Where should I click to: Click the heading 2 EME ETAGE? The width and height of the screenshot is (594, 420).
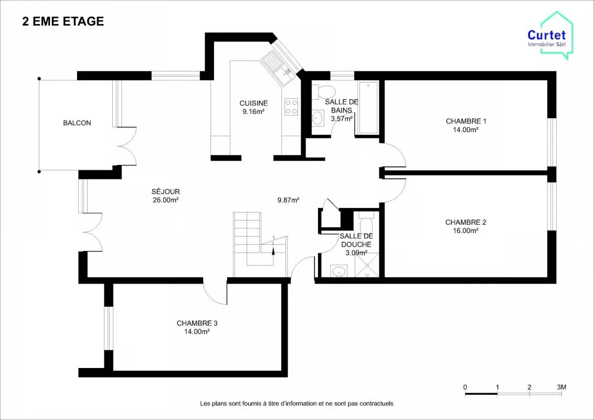(63, 21)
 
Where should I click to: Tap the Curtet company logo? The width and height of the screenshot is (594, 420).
(550, 36)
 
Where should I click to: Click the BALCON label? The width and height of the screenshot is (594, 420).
(77, 123)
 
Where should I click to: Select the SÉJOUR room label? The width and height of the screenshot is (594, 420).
(165, 192)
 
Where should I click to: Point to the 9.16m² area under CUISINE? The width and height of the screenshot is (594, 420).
(253, 111)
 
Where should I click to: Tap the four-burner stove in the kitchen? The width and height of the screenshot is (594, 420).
(291, 106)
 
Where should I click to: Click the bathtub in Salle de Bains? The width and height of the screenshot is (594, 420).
(368, 108)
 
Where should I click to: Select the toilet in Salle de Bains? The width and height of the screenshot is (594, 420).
(324, 91)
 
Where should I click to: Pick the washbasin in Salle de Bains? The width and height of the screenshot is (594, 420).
(317, 118)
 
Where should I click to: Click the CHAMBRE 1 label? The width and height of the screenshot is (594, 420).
(466, 121)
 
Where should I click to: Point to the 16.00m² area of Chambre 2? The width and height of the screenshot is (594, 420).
(465, 230)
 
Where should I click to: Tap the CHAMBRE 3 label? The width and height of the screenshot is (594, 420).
(197, 323)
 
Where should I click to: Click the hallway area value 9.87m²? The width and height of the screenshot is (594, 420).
(288, 200)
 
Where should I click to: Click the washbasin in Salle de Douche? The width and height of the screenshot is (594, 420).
(338, 271)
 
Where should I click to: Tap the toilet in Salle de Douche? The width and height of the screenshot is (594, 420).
(366, 224)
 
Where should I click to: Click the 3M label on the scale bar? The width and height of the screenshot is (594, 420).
(562, 387)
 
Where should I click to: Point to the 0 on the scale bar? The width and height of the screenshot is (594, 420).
(465, 387)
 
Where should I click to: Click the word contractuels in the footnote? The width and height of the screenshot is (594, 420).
(377, 404)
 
